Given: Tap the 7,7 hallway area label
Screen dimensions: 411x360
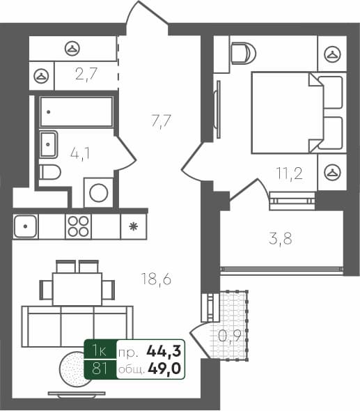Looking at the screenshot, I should pyautogui.click(x=161, y=121).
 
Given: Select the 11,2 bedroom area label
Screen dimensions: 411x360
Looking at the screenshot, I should pyautogui.click(x=288, y=174).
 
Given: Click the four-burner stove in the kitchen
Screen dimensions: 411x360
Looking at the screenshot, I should pyautogui.click(x=79, y=226).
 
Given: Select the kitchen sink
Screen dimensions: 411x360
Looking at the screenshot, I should pyautogui.click(x=25, y=226).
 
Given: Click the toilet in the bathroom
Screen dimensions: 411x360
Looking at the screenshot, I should pyautogui.click(x=49, y=172).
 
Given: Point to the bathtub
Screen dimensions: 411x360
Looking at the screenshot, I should pyautogui.click(x=76, y=111).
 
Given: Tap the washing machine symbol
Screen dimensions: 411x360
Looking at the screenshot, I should pyautogui.click(x=98, y=192).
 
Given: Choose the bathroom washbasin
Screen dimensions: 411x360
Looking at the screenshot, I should pyautogui.click(x=49, y=144).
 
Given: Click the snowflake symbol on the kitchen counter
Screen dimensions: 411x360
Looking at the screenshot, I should pyautogui.click(x=132, y=226).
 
